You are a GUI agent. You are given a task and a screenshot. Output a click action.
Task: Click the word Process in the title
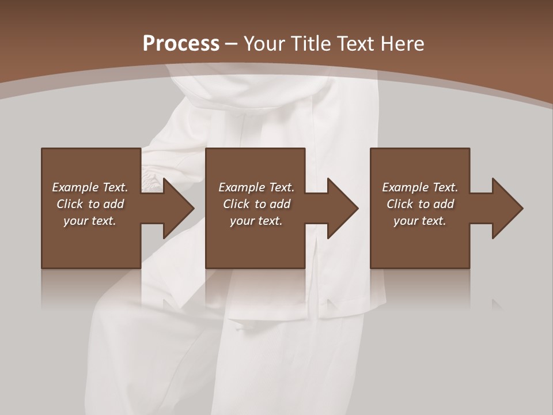(181, 44)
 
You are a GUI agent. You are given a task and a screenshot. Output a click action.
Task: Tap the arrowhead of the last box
(507, 208)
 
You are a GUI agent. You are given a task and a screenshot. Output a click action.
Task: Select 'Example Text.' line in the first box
(90, 187)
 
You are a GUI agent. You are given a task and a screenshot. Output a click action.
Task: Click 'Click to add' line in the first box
(90, 204)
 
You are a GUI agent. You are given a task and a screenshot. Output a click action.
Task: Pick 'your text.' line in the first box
(90, 221)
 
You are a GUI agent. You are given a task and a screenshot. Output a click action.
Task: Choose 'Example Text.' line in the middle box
(256, 187)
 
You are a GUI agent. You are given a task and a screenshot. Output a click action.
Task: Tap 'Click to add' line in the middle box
(256, 204)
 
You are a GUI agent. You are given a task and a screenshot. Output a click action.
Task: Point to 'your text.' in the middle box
(256, 221)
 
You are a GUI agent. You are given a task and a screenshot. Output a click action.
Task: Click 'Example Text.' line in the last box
(420, 187)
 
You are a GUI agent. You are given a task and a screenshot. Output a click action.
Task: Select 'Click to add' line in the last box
(420, 204)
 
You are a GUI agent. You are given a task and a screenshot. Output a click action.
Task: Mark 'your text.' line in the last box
(420, 221)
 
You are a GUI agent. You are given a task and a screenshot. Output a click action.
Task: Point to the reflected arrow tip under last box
(497, 304)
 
